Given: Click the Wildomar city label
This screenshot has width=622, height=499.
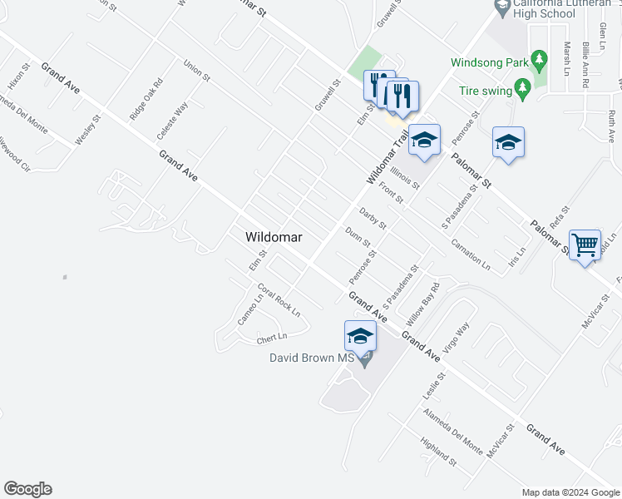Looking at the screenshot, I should click(x=274, y=237).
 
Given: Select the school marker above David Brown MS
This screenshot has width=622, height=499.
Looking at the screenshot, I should click(x=360, y=335).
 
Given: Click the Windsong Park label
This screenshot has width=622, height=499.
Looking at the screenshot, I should click(x=489, y=62).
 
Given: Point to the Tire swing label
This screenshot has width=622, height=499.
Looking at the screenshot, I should click(x=486, y=91).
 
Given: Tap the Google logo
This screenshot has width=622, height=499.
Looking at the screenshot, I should click(x=27, y=489).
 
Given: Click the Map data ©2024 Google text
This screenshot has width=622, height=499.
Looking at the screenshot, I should click(x=570, y=492).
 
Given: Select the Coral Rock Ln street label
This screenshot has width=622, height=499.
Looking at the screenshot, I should click(x=279, y=300).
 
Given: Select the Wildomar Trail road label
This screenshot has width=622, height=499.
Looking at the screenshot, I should click(x=388, y=159).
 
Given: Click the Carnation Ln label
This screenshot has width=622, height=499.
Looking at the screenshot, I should click(x=470, y=254).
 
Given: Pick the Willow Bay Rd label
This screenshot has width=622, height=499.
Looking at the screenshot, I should click(x=422, y=304).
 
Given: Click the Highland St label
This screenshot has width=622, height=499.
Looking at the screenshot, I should click(x=438, y=452).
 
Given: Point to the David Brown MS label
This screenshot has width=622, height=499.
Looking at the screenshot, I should click(x=311, y=358).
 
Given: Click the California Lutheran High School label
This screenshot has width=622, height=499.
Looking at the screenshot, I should click(x=533, y=8).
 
